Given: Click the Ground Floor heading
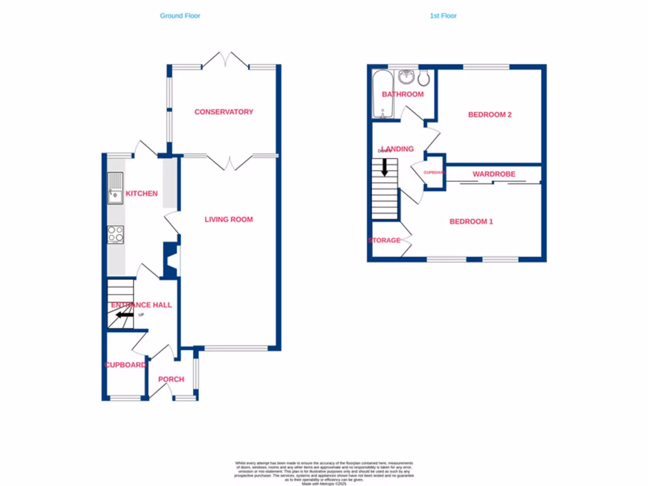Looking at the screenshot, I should click(x=180, y=16).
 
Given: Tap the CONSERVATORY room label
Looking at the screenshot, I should click(x=223, y=112).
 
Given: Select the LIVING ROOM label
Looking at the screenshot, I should click(x=228, y=220).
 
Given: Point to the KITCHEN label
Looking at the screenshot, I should click(x=142, y=194).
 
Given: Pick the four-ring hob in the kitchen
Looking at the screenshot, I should click(x=115, y=234).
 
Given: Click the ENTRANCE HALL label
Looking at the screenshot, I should click(x=141, y=305).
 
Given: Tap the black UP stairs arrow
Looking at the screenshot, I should click(x=124, y=314).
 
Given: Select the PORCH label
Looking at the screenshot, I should click(x=171, y=380).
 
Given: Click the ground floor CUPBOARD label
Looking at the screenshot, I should click(x=125, y=365).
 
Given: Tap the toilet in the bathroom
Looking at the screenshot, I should click(x=423, y=78).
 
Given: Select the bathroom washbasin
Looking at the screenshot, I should click(x=406, y=78).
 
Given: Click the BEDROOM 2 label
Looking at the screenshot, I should click(x=489, y=115).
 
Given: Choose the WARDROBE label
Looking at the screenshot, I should click(x=494, y=174).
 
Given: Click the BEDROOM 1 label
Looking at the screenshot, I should click(x=471, y=221).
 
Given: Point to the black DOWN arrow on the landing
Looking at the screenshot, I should click(x=384, y=167).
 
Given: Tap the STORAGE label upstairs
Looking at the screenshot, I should click(x=384, y=240).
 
